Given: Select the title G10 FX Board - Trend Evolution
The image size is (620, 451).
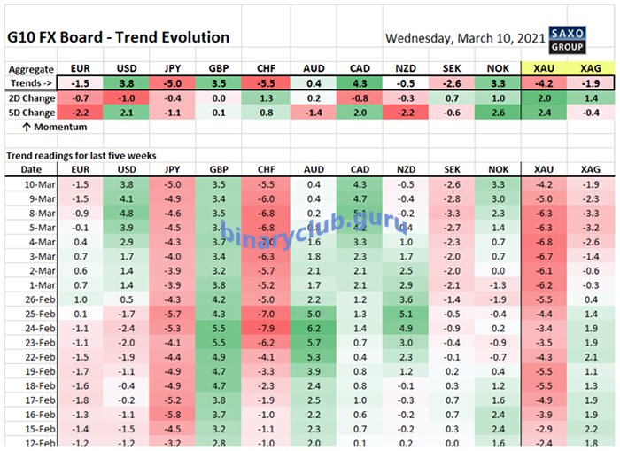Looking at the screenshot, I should pyautogui.click(x=118, y=37).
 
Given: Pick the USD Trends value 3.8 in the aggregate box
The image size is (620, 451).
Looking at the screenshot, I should pyautogui.click(x=127, y=82).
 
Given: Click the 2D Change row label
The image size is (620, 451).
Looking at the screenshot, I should pyautogui.click(x=32, y=97).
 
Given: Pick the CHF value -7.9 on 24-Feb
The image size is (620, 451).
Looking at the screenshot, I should pyautogui.click(x=267, y=327).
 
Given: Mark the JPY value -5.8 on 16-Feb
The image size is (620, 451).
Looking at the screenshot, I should pyautogui.click(x=174, y=413).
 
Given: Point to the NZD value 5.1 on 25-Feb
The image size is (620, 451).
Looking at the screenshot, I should pyautogui.click(x=406, y=313).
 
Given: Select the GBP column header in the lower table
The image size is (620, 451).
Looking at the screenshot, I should pyautogui.click(x=220, y=168).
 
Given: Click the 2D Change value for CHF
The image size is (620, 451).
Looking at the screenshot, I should pyautogui.click(x=267, y=97).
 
